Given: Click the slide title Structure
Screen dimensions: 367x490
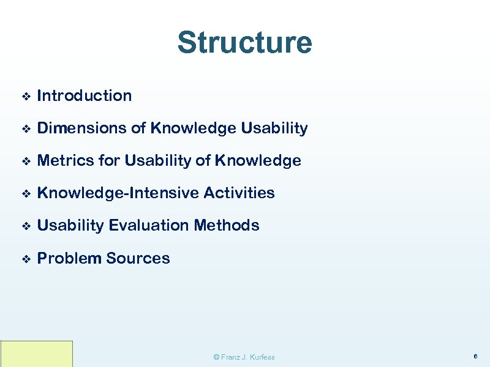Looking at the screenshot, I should pos(244,43).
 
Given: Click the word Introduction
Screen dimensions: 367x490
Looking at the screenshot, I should pos(85,95).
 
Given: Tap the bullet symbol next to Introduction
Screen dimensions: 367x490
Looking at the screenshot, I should pos(25,96).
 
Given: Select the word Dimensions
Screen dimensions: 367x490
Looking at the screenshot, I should pos(81,128).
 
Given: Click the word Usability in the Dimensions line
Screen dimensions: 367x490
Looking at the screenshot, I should pos(274,128).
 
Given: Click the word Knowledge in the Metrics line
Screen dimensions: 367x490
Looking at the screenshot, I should pos(257,161).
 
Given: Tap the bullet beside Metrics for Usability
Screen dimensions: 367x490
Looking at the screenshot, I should pos(25,161).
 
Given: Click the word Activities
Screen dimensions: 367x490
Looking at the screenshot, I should pos(239,193).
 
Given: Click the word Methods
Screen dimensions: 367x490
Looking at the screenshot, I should pos(227,226).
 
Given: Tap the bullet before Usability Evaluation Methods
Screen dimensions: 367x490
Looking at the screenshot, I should pos(25,226).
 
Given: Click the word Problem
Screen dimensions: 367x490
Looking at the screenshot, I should pos(69,258).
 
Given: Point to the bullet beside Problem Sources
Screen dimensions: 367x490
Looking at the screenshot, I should pos(25,259).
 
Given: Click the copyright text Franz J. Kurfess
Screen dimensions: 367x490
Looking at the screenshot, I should pos(244,357).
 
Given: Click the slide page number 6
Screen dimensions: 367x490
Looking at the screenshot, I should pos(475,356).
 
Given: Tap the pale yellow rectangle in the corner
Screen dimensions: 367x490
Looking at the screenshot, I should pos(37,354).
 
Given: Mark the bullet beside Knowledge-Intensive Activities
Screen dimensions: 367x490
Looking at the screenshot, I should pos(25,194).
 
